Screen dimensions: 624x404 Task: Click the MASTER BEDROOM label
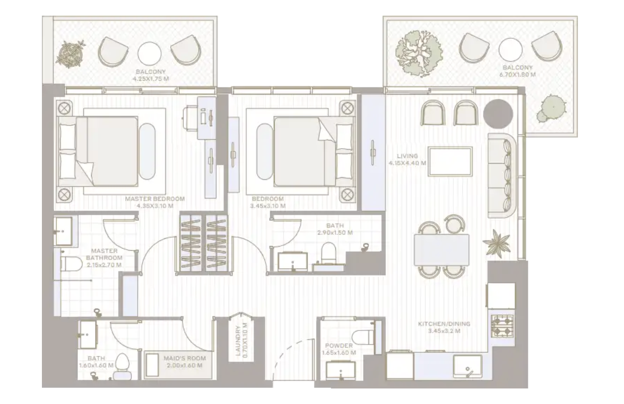tap(155, 199)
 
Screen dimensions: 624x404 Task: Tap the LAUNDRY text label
tap(238, 341)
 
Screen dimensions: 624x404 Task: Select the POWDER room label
tap(339, 345)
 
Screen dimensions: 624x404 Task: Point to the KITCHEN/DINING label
tap(444, 324)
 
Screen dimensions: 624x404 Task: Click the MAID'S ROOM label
tap(185, 358)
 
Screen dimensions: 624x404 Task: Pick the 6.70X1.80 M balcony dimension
tap(517, 75)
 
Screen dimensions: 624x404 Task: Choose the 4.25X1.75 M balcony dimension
tap(151, 79)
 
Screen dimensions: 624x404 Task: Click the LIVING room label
tap(408, 156)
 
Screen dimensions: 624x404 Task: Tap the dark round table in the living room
tap(498, 114)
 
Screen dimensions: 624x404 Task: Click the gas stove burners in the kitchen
tap(503, 325)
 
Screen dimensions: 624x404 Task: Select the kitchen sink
tap(467, 366)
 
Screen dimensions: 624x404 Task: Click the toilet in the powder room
tap(363, 337)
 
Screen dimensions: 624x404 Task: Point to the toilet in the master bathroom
tap(71, 264)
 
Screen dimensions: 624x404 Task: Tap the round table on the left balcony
tap(150, 53)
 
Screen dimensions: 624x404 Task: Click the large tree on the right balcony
tap(418, 53)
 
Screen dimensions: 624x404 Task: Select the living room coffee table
tap(450, 162)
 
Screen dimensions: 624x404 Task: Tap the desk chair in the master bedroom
tap(190, 118)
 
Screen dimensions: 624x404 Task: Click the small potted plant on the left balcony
tap(70, 54)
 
